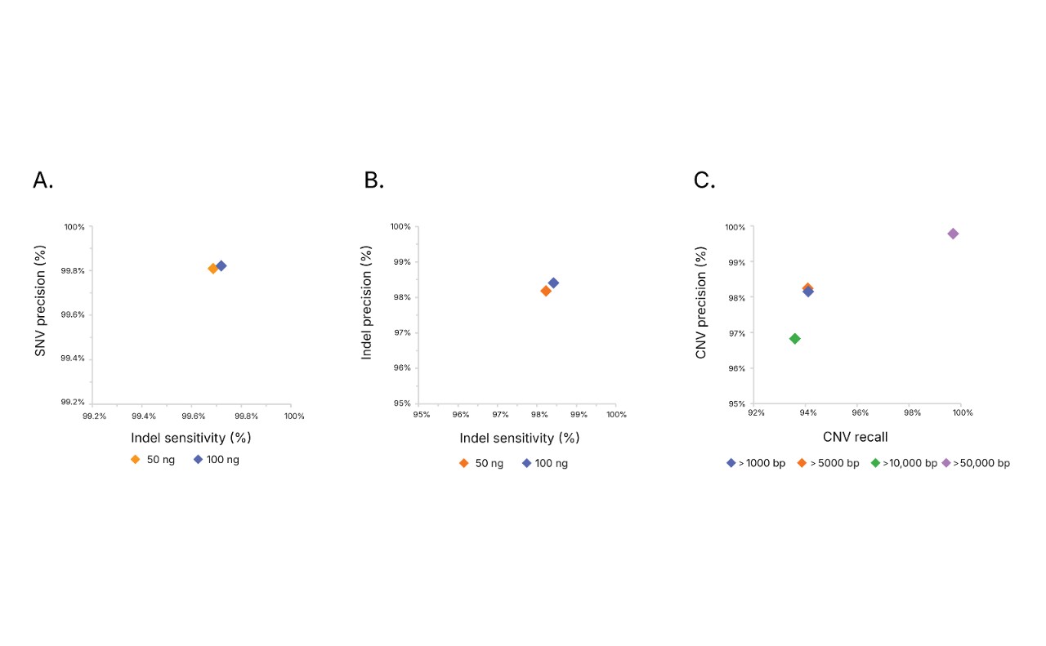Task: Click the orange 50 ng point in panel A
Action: click(x=213, y=269)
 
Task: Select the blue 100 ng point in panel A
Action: click(x=221, y=265)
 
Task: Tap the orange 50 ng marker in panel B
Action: click(x=546, y=291)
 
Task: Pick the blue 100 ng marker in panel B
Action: click(x=553, y=283)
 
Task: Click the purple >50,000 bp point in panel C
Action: click(x=953, y=234)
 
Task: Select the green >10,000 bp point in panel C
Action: click(x=794, y=338)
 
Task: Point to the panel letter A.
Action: click(x=43, y=180)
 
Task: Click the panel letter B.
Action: click(x=373, y=180)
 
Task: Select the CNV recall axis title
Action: click(x=855, y=437)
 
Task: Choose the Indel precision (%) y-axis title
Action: click(x=367, y=302)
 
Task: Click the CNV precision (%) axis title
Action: click(x=700, y=303)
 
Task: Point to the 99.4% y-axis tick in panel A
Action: click(x=74, y=359)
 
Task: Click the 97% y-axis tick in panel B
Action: click(x=401, y=332)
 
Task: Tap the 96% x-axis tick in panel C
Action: click(x=860, y=413)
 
